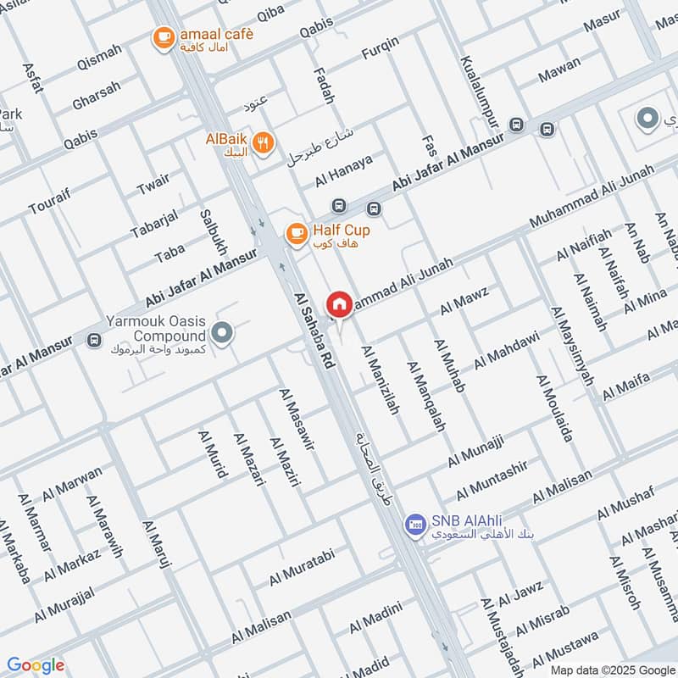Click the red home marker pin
[339, 303]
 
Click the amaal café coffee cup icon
[164, 36]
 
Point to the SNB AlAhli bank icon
[414, 525]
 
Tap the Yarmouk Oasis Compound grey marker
[223, 333]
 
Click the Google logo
[36, 665]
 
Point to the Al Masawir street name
[297, 419]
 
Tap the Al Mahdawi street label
[506, 349]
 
